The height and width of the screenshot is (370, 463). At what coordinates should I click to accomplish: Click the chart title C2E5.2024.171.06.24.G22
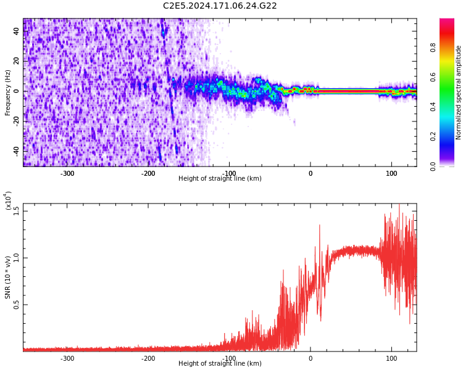tap(220, 6)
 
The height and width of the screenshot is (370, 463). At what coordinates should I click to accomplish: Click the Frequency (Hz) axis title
tap(8, 92)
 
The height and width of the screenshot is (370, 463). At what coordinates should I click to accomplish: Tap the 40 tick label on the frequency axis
tap(17, 31)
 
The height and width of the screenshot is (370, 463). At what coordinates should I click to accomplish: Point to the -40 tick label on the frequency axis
tap(17, 150)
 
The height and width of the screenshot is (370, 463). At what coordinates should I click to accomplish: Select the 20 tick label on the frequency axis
tap(17, 61)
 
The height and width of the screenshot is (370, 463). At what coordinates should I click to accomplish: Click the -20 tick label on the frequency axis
tap(17, 120)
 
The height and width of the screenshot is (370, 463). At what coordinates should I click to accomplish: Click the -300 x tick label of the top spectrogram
tap(67, 173)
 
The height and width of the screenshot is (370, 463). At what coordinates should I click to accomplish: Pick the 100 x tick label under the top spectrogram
tap(391, 173)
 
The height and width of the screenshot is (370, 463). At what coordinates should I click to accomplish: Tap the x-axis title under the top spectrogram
tap(220, 179)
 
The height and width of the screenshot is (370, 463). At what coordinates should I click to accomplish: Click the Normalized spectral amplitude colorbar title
tap(459, 92)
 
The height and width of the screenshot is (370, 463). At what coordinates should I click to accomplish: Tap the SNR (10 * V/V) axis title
tap(8, 277)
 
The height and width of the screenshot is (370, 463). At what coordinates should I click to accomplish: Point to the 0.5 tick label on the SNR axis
tap(17, 305)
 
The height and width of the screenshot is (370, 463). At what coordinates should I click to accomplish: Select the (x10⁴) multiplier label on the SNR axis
tap(8, 201)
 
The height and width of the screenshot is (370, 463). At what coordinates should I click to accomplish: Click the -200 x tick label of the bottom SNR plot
tap(148, 358)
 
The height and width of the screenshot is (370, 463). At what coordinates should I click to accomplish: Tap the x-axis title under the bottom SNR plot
tap(220, 364)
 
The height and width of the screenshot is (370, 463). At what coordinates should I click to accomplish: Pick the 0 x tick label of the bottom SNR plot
tap(311, 358)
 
